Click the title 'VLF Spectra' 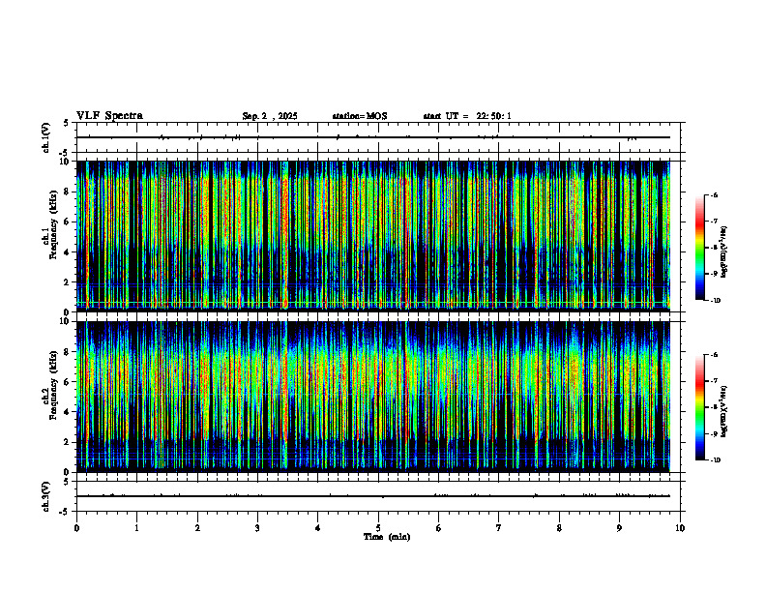pyautogui.click(x=109, y=115)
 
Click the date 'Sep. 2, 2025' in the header pyautogui.click(x=269, y=116)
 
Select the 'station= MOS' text pyautogui.click(x=359, y=116)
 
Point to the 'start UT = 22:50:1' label pyautogui.click(x=467, y=116)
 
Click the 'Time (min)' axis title pyautogui.click(x=386, y=536)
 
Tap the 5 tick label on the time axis pyautogui.click(x=378, y=527)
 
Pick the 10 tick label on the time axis pyautogui.click(x=680, y=527)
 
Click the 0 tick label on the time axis pyautogui.click(x=76, y=527)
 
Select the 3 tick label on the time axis pyautogui.click(x=257, y=527)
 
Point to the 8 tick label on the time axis pyautogui.click(x=559, y=527)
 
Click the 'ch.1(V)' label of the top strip pyautogui.click(x=46, y=138)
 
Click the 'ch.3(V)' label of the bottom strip pyautogui.click(x=46, y=495)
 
